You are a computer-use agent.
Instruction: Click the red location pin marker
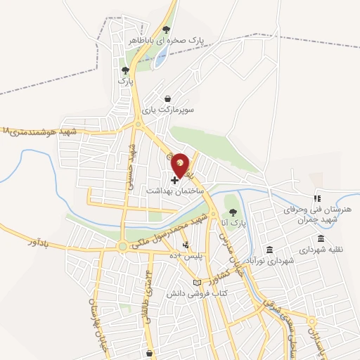181,165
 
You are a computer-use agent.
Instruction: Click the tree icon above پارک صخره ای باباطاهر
166,30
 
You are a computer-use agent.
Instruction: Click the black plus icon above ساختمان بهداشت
175,181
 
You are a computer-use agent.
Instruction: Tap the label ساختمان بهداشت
174,191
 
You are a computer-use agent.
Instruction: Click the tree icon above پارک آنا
233,213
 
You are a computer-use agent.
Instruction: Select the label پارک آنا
233,224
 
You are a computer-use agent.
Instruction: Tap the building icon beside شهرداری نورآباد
269,250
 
